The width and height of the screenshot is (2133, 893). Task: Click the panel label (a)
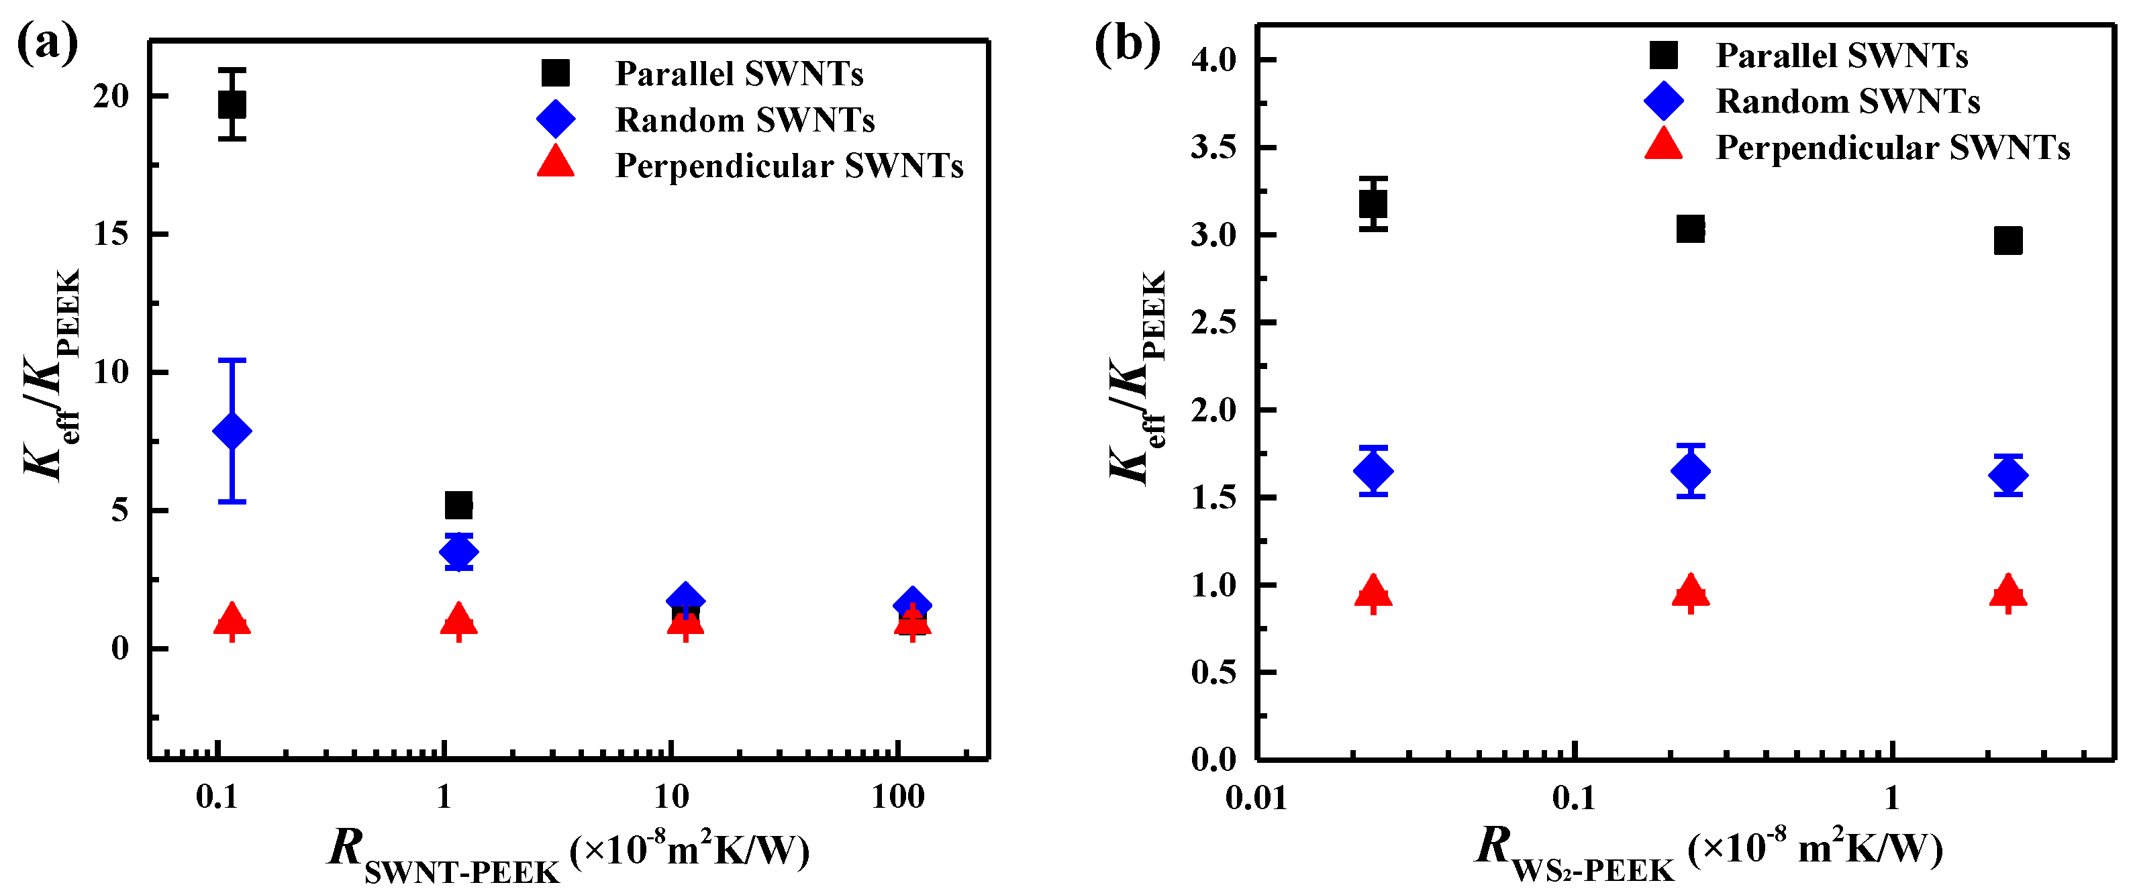point(47,43)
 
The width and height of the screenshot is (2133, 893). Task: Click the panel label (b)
point(1127,43)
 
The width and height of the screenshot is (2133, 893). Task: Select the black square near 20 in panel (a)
point(232,104)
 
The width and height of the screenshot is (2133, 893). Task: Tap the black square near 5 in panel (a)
point(458,504)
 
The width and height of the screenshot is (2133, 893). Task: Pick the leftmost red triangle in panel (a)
point(232,619)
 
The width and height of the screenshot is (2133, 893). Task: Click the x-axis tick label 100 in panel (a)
point(897,797)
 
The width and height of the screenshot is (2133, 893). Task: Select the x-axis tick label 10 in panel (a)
point(672,797)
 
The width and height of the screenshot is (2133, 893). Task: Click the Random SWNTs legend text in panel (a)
point(744,120)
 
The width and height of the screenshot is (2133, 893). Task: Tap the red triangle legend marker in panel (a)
point(556,162)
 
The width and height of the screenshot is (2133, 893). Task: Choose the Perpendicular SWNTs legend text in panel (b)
point(1892,148)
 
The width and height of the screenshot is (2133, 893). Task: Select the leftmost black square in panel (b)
point(1373,203)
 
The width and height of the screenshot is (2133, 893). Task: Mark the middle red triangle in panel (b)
point(1690,592)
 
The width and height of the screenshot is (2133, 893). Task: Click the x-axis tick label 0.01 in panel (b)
point(1256,798)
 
